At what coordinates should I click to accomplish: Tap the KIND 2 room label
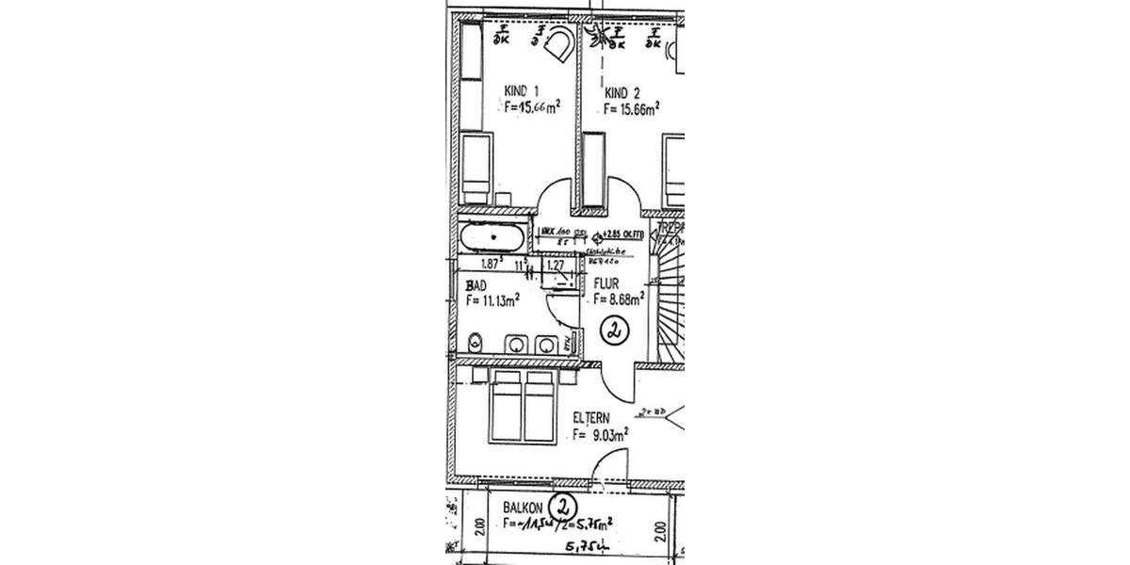[622, 92]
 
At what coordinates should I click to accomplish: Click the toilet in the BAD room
[476, 343]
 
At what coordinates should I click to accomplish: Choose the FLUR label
[604, 282]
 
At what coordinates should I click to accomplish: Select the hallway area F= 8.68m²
[618, 299]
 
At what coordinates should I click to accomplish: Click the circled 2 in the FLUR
[614, 331]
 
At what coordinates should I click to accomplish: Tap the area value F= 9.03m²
[600, 435]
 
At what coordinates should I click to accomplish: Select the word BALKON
[522, 507]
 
